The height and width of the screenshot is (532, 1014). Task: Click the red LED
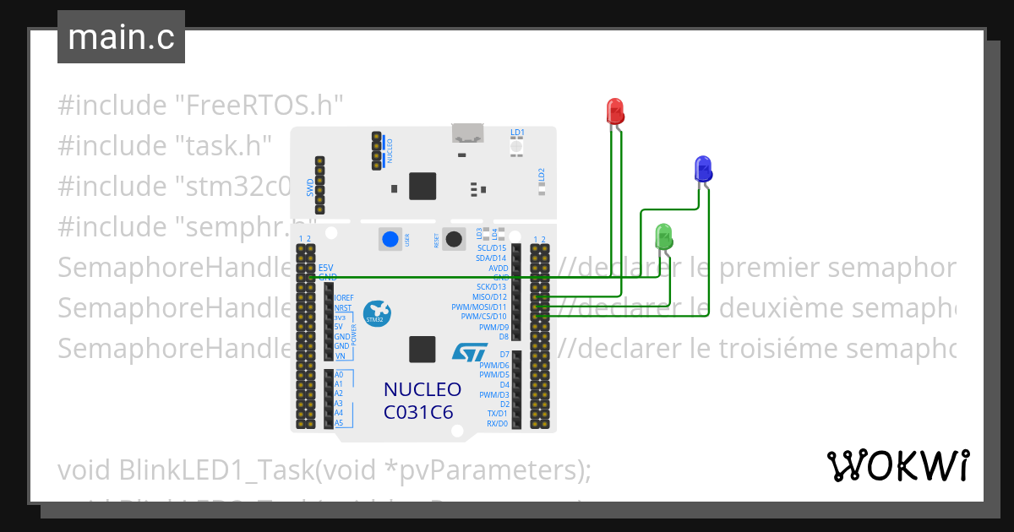[x=615, y=111]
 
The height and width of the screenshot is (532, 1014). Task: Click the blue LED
[x=702, y=168]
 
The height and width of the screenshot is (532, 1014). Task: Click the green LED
[x=663, y=236]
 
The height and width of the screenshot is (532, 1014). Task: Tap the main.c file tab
[x=121, y=37]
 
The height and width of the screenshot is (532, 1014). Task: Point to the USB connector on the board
[x=467, y=133]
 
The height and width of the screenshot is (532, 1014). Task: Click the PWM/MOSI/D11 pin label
[x=479, y=307]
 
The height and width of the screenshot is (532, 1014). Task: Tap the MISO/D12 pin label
[x=489, y=296]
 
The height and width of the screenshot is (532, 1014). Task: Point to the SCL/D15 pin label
[x=492, y=247]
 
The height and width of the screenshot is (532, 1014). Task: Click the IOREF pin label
[x=344, y=298]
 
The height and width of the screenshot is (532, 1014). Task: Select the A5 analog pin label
[x=339, y=422]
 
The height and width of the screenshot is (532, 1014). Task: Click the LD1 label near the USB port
[x=517, y=133]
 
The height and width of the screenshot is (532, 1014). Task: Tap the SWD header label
[x=310, y=186]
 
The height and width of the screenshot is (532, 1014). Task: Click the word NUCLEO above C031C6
[x=422, y=389]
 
